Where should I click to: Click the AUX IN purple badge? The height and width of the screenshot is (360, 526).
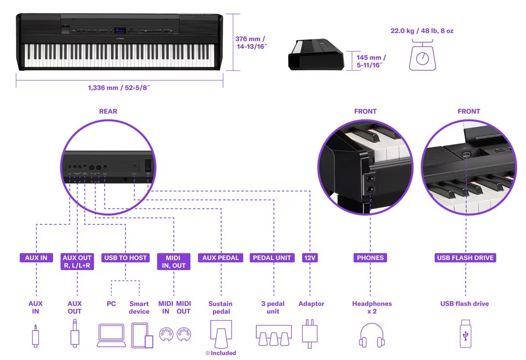click(36, 258)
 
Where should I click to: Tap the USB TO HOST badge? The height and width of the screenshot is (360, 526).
click(125, 258)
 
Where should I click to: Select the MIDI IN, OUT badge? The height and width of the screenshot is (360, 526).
click(174, 261)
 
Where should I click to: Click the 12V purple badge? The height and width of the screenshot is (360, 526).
click(310, 258)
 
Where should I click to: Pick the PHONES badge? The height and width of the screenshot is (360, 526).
click(370, 258)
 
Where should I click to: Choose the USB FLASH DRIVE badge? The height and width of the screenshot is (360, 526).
click(465, 258)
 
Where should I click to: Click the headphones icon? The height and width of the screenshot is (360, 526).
click(372, 335)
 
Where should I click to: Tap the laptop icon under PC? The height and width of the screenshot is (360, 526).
click(111, 335)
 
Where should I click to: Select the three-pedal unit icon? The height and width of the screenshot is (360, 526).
click(274, 335)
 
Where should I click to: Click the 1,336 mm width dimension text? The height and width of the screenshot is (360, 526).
click(120, 88)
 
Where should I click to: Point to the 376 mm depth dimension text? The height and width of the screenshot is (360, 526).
click(250, 42)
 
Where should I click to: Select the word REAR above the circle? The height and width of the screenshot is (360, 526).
click(108, 111)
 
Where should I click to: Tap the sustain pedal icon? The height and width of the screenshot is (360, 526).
click(220, 334)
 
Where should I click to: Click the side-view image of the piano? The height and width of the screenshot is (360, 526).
click(316, 54)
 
